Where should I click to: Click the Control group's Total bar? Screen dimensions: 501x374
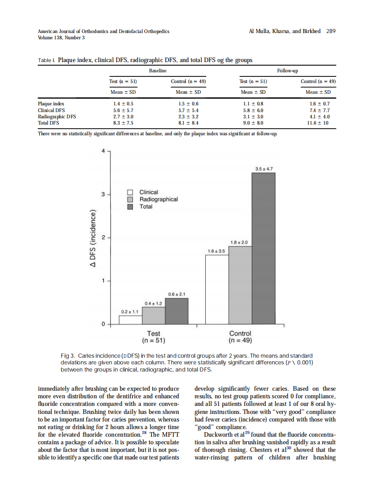click(x=263, y=248)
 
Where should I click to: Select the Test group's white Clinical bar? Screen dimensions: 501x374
click(x=130, y=319)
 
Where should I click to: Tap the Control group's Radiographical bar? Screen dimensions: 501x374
click(x=240, y=284)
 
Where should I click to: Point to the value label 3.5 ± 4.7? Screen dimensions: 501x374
click(x=264, y=169)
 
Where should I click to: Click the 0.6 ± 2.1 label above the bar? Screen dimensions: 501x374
click(x=177, y=294)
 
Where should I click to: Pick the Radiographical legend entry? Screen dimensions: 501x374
click(x=158, y=199)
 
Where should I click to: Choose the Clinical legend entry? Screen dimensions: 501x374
click(x=149, y=192)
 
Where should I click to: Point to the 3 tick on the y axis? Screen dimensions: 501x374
click(x=103, y=195)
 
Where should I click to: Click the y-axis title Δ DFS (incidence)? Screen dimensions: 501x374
click(x=93, y=238)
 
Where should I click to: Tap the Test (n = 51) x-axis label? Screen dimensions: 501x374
click(x=154, y=337)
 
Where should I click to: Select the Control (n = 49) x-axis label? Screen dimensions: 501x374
click(x=240, y=337)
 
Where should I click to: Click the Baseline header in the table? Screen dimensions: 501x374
click(x=157, y=71)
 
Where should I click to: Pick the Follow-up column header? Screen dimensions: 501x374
click(x=287, y=71)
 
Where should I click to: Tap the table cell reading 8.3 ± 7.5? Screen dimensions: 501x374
click(x=124, y=123)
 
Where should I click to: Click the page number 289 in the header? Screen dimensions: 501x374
click(x=331, y=31)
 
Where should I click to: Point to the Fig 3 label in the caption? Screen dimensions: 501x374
click(x=67, y=355)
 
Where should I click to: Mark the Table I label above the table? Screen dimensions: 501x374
click(x=46, y=60)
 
